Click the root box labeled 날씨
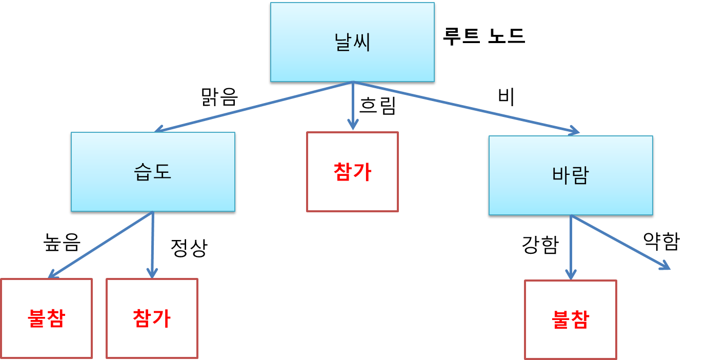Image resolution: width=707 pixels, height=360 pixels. [353, 43]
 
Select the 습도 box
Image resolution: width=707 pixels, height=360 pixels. [153, 172]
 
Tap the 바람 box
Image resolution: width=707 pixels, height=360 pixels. [571, 175]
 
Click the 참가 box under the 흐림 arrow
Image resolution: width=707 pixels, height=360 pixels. [352, 172]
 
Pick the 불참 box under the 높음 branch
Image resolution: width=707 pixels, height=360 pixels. [46, 318]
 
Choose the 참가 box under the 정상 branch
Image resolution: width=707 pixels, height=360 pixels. [152, 318]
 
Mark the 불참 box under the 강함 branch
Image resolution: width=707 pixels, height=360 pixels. [570, 319]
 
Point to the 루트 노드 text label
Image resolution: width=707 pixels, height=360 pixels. [483, 37]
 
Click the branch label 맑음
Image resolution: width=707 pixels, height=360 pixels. [220, 96]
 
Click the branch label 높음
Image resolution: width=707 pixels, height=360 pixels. [62, 243]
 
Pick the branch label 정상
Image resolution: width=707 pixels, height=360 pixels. [189, 248]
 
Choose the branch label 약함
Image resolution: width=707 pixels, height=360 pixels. [661, 241]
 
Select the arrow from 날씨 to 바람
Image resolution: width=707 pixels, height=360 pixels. [467, 108]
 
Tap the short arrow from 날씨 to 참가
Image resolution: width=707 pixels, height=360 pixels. [353, 105]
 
